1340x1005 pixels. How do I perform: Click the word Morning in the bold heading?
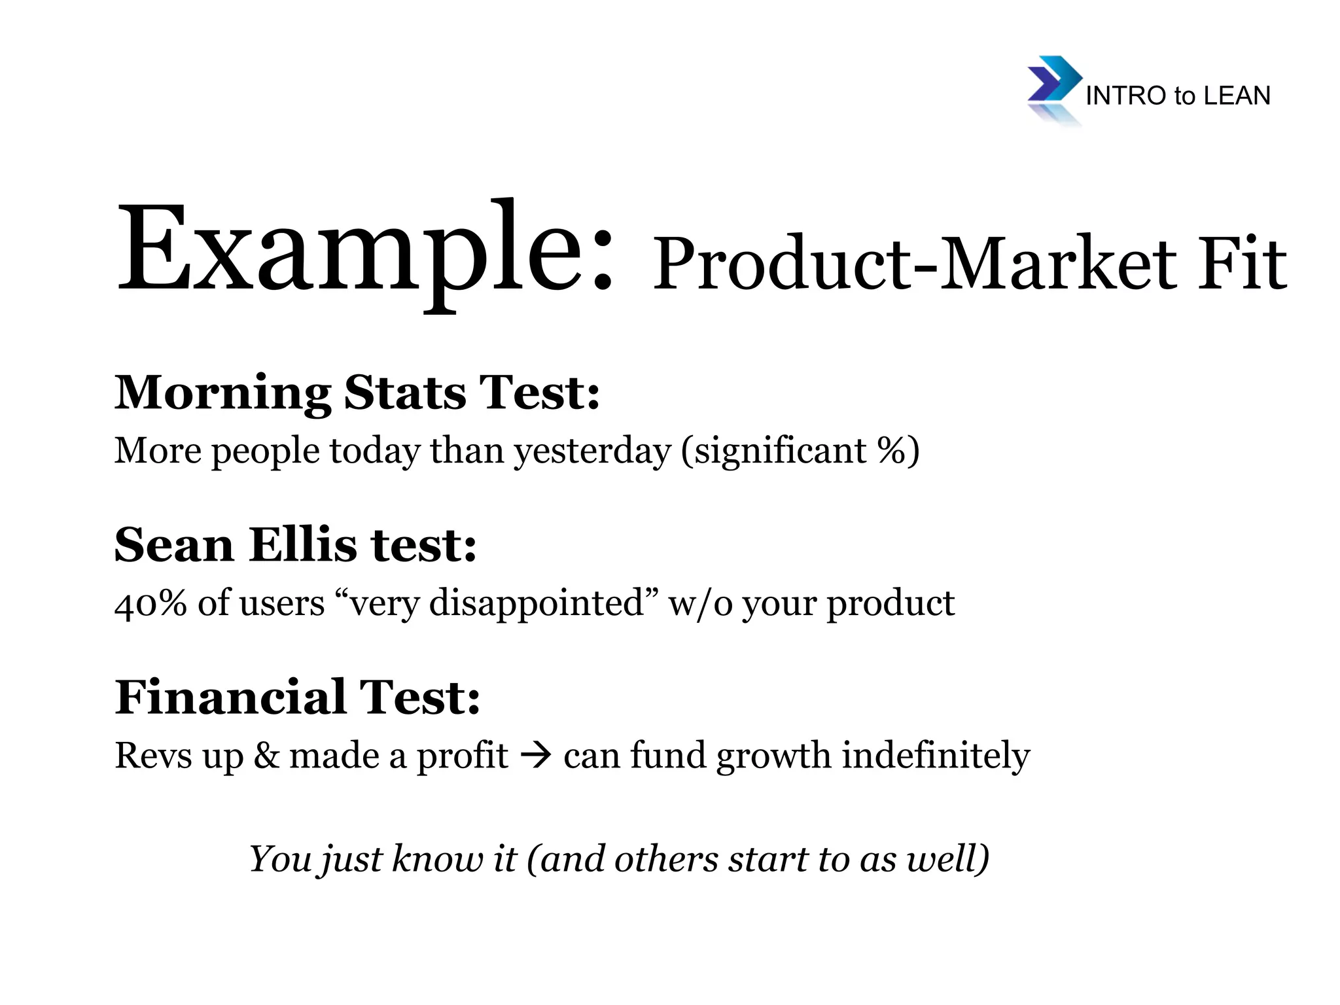coord(222,394)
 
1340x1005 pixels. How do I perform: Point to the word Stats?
coord(405,393)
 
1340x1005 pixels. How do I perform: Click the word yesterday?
coord(593,451)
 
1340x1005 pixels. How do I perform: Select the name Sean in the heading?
coord(173,545)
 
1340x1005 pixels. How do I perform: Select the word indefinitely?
coord(936,756)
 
